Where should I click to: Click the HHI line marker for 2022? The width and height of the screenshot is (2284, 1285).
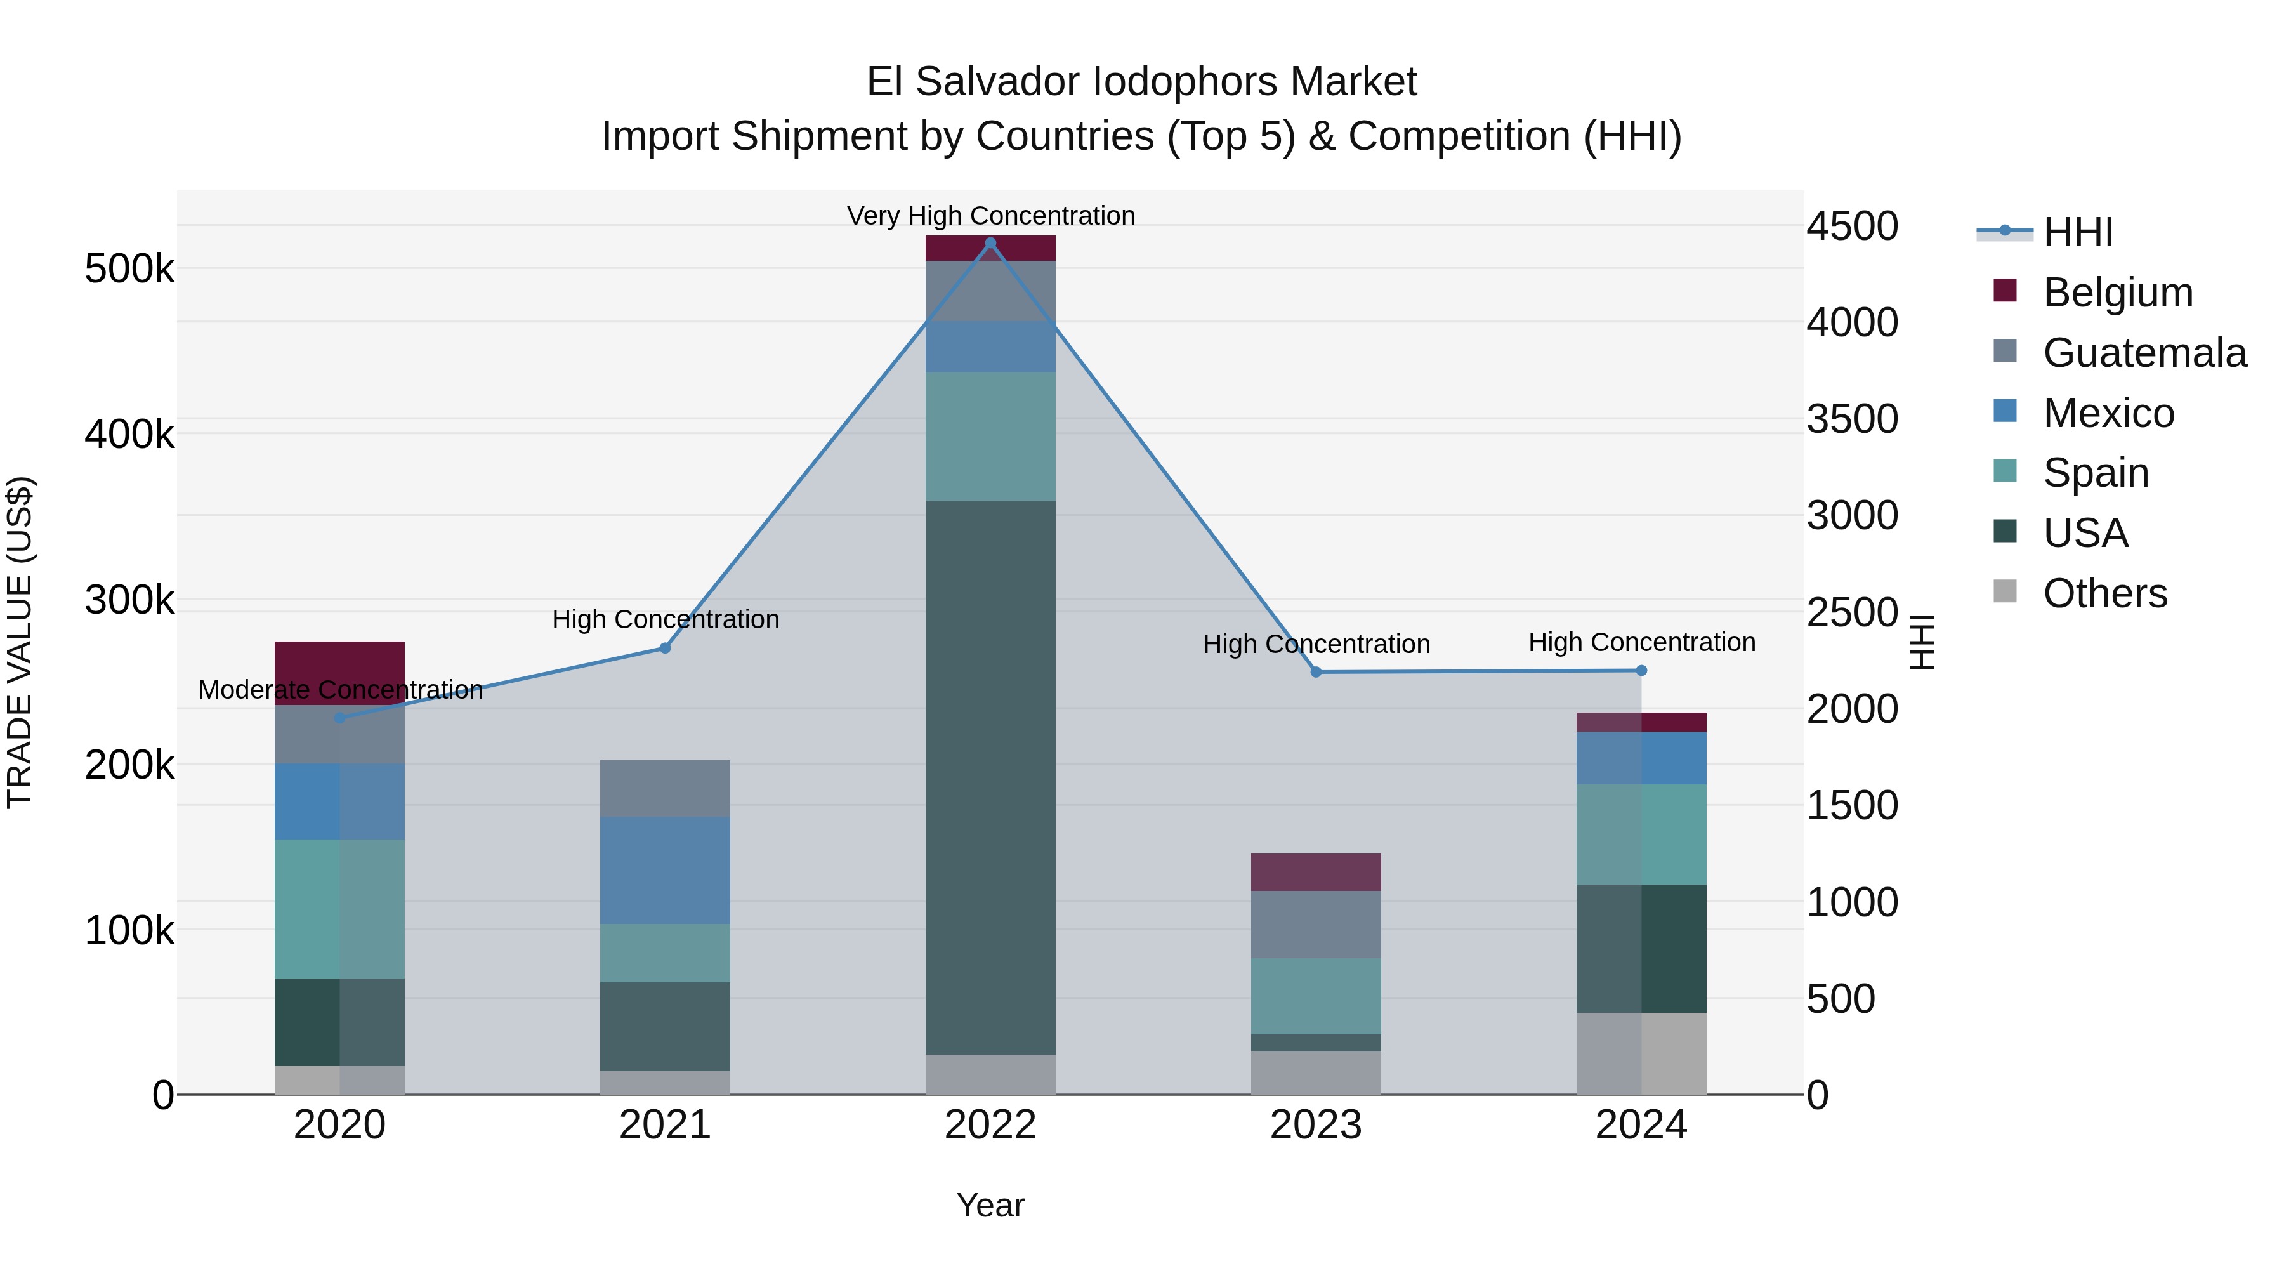point(990,243)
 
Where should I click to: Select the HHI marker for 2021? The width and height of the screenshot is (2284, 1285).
point(665,649)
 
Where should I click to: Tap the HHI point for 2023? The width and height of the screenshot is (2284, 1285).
point(1316,672)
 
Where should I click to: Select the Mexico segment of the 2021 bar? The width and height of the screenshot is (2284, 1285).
point(665,870)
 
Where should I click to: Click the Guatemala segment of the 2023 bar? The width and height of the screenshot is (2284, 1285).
point(1316,924)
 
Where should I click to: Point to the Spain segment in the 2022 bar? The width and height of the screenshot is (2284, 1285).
point(990,437)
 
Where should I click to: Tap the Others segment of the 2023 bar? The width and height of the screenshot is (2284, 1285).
point(1316,1073)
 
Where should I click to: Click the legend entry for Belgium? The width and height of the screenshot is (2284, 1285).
point(2117,293)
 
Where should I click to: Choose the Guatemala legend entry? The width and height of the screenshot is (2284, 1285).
point(2144,353)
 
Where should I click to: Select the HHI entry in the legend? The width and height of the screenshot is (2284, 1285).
point(2077,232)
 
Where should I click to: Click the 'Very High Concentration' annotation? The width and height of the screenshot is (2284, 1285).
point(990,216)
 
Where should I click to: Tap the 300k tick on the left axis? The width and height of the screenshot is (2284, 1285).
point(129,600)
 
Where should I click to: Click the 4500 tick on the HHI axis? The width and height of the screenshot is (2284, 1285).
point(1852,226)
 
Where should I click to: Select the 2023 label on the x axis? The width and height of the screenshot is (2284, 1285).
point(1316,1125)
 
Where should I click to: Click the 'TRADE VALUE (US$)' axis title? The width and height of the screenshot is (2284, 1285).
point(20,642)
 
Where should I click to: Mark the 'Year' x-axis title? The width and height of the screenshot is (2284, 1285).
point(990,1205)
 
